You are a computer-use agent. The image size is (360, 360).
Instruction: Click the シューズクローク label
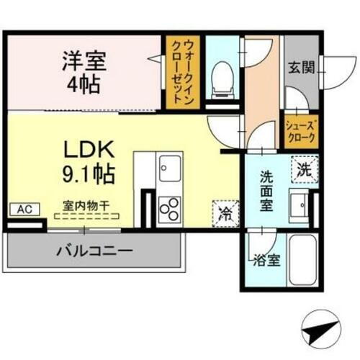[x=299, y=132]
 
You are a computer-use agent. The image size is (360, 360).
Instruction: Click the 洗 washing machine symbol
[x=302, y=171]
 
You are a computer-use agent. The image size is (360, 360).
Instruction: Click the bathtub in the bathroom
[x=299, y=261]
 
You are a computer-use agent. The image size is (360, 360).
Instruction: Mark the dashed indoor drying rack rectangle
[x=85, y=215]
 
